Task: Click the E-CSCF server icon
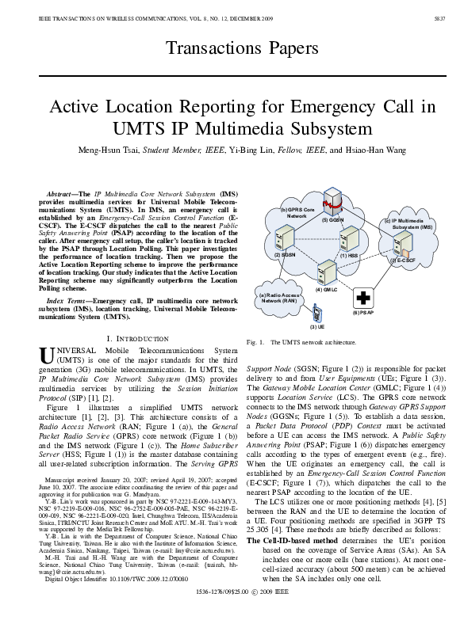(404, 246)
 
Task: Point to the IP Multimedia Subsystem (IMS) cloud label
(408, 223)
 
